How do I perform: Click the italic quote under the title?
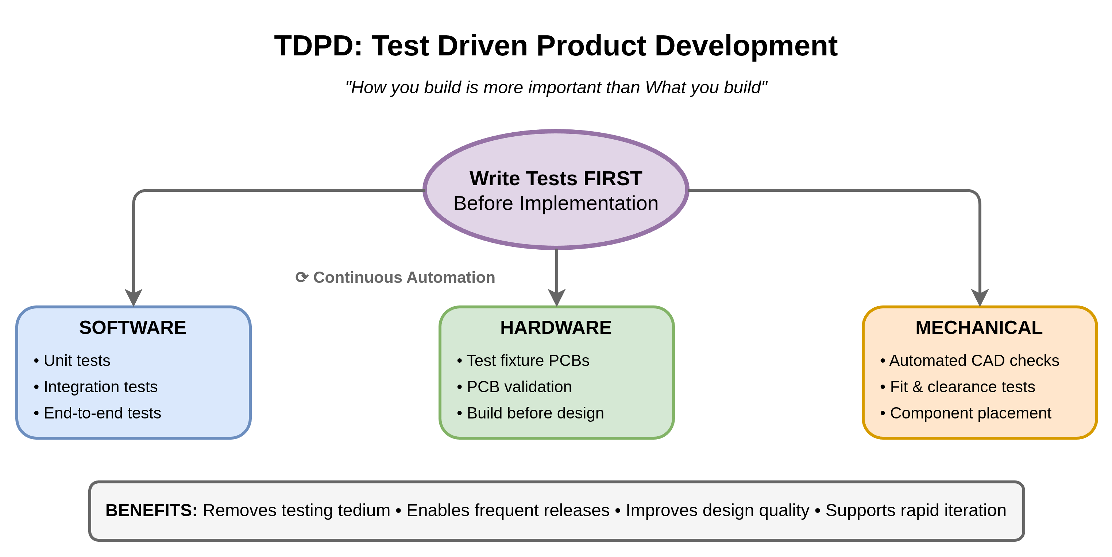(x=556, y=87)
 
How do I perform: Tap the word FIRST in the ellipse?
(x=613, y=179)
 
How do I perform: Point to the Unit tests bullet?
(x=72, y=360)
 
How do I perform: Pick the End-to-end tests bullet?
(x=97, y=413)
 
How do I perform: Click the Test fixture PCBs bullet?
(x=523, y=360)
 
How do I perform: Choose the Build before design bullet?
(x=530, y=413)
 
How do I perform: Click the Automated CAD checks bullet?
(x=970, y=360)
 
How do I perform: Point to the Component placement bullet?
(x=965, y=413)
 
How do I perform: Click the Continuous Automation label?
(x=404, y=277)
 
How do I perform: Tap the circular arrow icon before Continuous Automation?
(x=302, y=277)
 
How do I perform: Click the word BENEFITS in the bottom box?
(x=151, y=510)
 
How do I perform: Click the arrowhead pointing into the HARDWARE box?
(x=557, y=298)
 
